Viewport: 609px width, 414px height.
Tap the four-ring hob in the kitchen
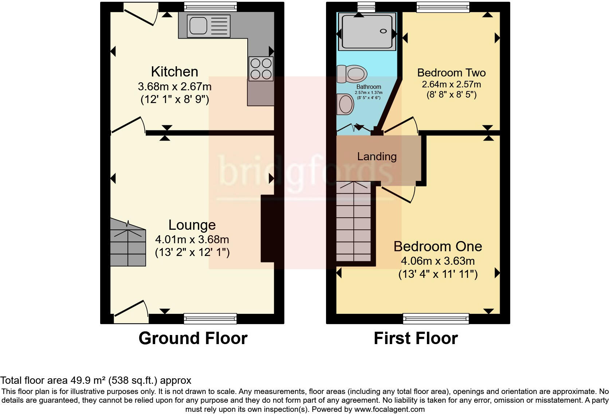click(x=261, y=68)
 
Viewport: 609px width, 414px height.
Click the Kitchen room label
click(x=174, y=72)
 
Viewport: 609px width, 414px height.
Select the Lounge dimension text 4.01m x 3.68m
click(x=192, y=240)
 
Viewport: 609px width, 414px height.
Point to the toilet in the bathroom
click(x=352, y=74)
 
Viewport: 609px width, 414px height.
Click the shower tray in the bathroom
click(x=367, y=31)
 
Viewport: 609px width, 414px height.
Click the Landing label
click(x=377, y=157)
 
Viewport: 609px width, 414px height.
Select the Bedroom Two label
click(x=451, y=72)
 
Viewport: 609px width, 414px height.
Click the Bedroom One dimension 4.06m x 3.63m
click(x=437, y=261)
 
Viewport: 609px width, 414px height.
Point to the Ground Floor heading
click(x=193, y=338)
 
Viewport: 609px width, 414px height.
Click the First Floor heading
click(x=415, y=338)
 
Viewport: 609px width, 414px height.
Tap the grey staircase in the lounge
click(x=128, y=243)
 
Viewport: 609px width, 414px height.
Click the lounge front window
click(x=210, y=319)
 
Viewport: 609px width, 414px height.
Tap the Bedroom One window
click(x=436, y=319)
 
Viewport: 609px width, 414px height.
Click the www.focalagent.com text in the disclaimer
click(x=389, y=409)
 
